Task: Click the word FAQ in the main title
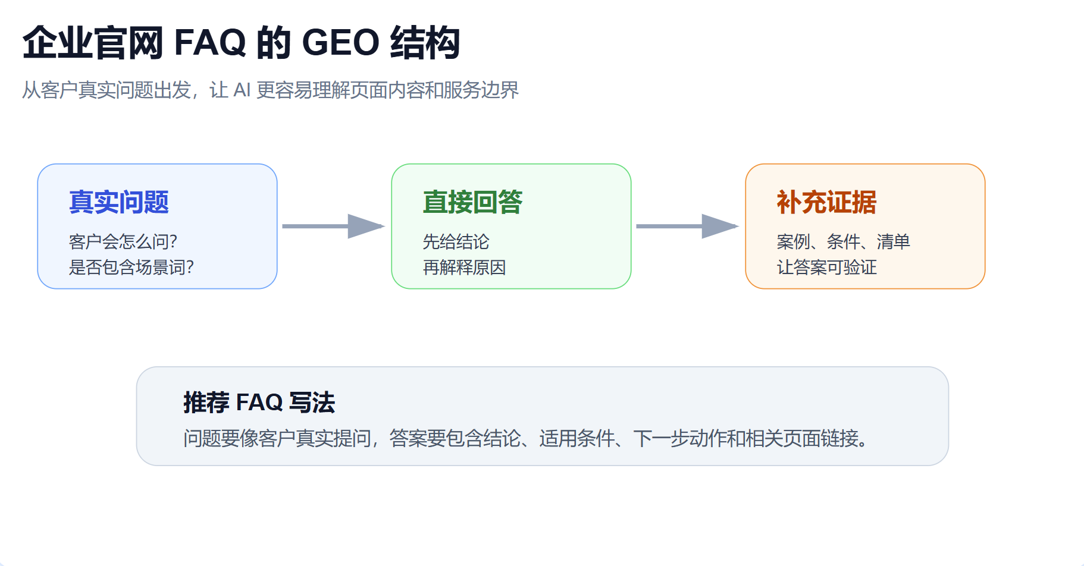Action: pyautogui.click(x=209, y=43)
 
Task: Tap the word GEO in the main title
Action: pyautogui.click(x=340, y=43)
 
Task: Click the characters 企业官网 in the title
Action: pyautogui.click(x=93, y=43)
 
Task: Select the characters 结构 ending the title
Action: pyautogui.click(x=425, y=43)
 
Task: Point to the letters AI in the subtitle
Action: pyautogui.click(x=242, y=90)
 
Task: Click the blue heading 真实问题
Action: pyautogui.click(x=119, y=202)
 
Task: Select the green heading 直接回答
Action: pyautogui.click(x=472, y=202)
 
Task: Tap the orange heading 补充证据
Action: pyautogui.click(x=826, y=202)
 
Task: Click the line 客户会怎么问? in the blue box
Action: pyautogui.click(x=123, y=241)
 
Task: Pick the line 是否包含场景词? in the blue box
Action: pyautogui.click(x=131, y=267)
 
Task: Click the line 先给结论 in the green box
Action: pyautogui.click(x=456, y=241)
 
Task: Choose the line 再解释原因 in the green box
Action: pyautogui.click(x=464, y=267)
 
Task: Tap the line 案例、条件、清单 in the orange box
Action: pyautogui.click(x=843, y=241)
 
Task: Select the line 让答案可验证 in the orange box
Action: pyautogui.click(x=826, y=267)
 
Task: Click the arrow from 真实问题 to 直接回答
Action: pyautogui.click(x=333, y=226)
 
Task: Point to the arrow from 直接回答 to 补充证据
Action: pyautogui.click(x=687, y=226)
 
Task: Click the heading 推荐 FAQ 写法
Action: pyautogui.click(x=259, y=403)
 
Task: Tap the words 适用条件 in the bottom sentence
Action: pyautogui.click(x=577, y=439)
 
